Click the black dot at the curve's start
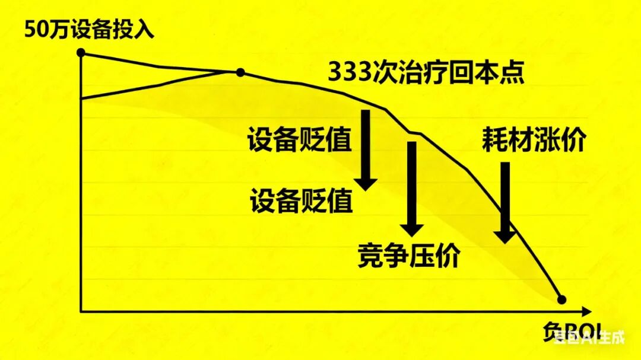pos(81,52)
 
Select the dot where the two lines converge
pos(240,73)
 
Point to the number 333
pos(351,74)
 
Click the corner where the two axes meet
pos(81,311)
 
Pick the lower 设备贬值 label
pos(302,202)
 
